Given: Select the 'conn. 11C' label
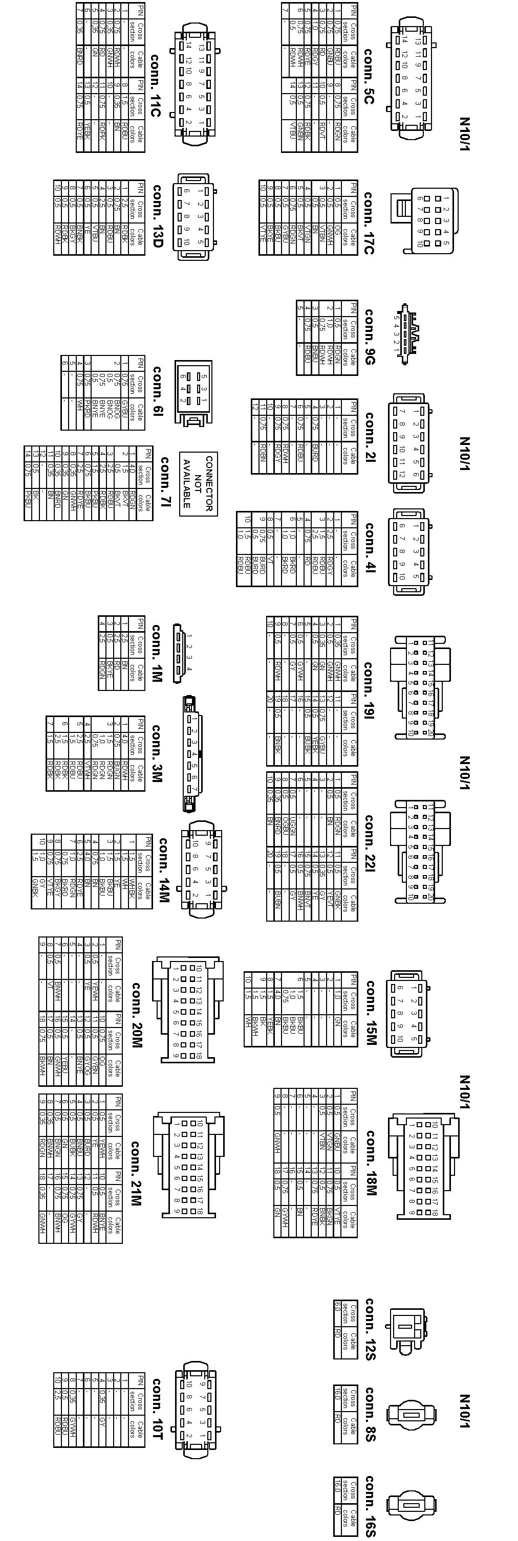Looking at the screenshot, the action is tap(155, 84).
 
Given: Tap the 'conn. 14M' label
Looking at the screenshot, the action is tap(162, 869).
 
